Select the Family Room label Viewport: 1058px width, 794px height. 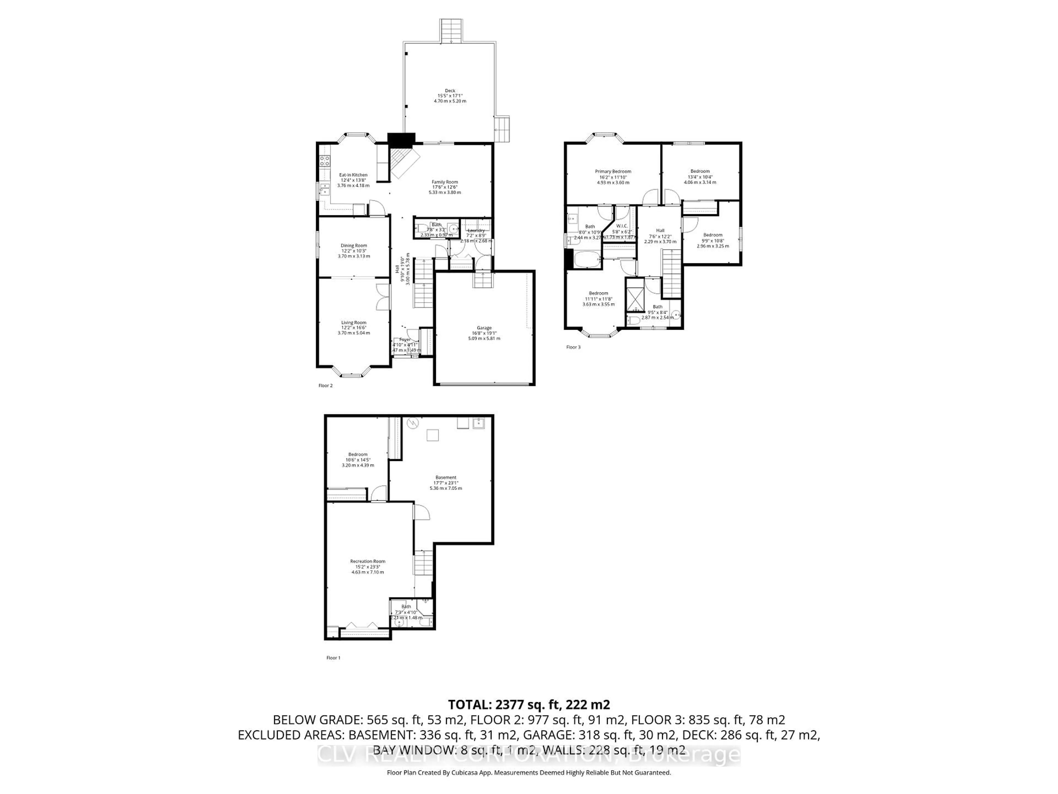(445, 182)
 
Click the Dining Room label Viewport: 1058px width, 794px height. (354, 246)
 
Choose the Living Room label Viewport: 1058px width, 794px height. (354, 323)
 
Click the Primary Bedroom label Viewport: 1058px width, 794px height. (613, 171)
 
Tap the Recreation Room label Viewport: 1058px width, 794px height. (367, 561)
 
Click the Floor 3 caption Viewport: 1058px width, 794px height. (573, 347)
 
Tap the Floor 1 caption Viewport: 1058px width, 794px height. (333, 658)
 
